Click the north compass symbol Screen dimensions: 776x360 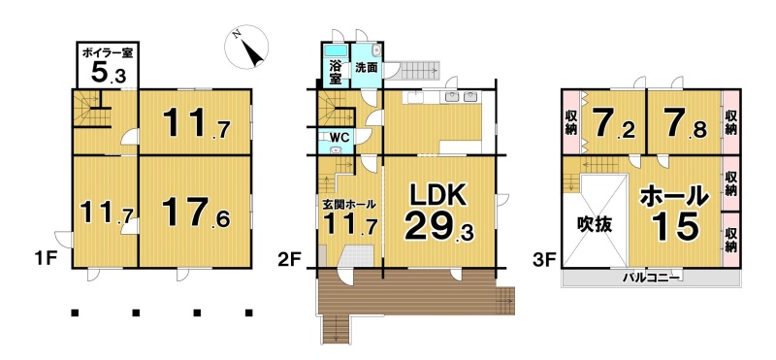tap(246, 47)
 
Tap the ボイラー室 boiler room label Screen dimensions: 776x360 tap(108, 52)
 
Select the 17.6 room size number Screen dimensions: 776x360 tap(196, 213)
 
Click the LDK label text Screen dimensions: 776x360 tap(438, 197)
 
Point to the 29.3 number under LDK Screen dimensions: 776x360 tap(439, 228)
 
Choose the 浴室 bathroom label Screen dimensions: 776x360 tap(336, 72)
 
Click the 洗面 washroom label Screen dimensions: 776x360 tap(367, 68)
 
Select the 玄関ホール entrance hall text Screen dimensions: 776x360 tap(349, 204)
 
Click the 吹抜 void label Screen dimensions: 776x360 tap(596, 225)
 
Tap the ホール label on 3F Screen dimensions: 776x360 tap(674, 197)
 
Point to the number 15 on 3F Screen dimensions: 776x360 tap(674, 227)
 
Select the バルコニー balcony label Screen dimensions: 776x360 tap(650, 278)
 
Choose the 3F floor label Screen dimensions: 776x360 tap(544, 259)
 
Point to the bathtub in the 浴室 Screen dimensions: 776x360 tap(336, 51)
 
